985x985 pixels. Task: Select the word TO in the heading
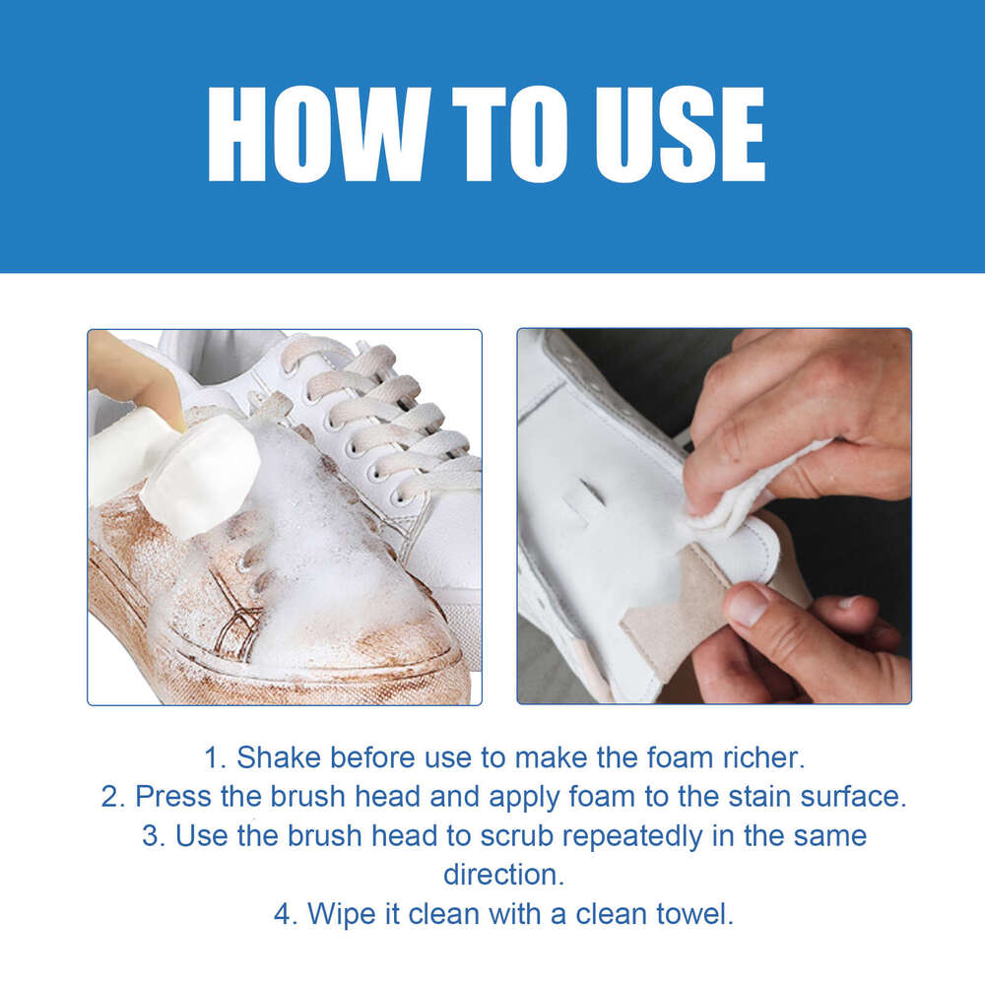493,135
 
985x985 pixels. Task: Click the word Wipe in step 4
343,913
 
